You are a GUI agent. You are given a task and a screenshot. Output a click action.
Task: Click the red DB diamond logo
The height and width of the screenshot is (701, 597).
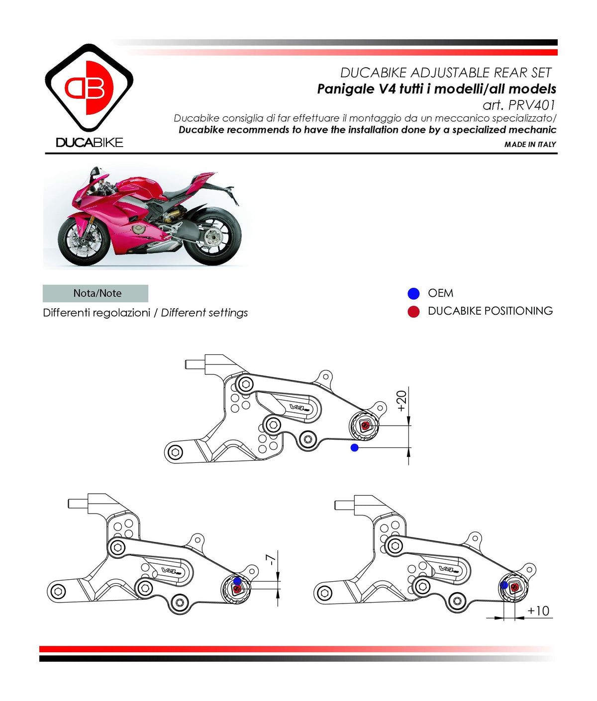[x=89, y=88]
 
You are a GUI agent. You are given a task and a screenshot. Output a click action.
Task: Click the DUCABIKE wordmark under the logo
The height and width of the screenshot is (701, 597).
[x=89, y=143]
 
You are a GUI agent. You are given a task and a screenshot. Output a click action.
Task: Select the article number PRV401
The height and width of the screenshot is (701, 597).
[x=531, y=105]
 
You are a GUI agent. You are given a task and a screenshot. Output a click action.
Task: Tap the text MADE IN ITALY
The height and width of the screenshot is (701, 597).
[x=530, y=144]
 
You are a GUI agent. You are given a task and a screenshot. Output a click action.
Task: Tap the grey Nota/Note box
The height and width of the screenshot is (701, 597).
[x=96, y=293]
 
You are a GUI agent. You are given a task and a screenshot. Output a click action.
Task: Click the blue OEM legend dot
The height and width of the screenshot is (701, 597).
[x=413, y=293]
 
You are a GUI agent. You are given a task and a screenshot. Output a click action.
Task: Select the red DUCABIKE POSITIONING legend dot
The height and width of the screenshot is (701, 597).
[x=413, y=312]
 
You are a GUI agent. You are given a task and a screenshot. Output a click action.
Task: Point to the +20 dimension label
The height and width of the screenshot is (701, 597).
[x=401, y=401]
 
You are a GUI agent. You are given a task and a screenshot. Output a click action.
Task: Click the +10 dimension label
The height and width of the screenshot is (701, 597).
[x=538, y=611]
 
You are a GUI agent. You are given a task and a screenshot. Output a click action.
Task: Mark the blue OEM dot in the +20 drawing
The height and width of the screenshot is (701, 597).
[x=354, y=447]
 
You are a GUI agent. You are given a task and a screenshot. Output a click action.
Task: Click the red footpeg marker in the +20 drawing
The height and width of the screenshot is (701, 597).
[x=366, y=425]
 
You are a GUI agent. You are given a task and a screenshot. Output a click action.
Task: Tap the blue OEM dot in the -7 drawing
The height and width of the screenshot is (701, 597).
[x=237, y=581]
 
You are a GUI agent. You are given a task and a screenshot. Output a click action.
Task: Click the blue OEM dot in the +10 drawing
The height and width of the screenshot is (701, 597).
[x=504, y=585]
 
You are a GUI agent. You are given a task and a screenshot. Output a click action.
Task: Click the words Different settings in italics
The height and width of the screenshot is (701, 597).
[x=204, y=313]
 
